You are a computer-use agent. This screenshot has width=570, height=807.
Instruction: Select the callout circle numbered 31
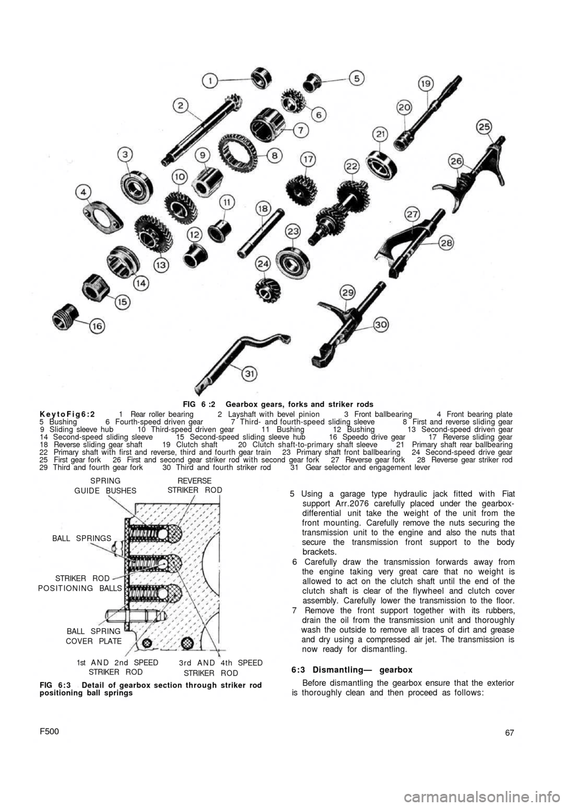(251, 373)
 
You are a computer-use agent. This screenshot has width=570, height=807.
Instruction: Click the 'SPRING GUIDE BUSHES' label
(105, 486)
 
